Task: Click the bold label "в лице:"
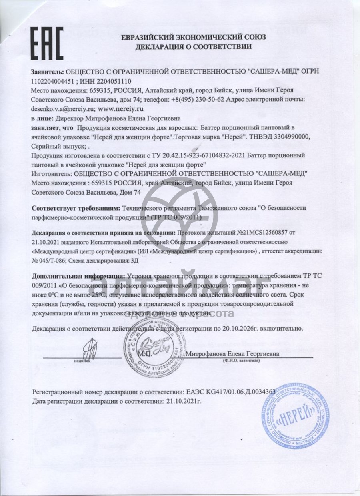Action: (x=42, y=118)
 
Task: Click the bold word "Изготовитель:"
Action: (x=50, y=173)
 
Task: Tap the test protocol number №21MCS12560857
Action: (x=262, y=233)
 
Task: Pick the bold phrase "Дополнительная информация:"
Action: (x=78, y=277)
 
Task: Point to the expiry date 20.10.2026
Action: (x=236, y=329)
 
